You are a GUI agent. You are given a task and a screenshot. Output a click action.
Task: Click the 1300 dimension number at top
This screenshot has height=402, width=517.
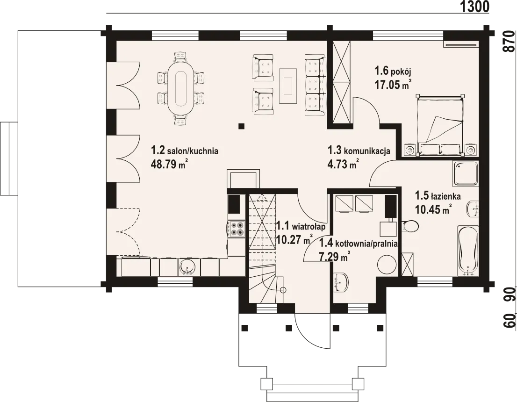click(x=474, y=6)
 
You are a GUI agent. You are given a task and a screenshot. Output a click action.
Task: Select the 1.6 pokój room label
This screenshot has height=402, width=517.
click(x=392, y=71)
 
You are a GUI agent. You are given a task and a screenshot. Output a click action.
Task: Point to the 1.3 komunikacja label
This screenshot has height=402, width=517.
click(x=359, y=151)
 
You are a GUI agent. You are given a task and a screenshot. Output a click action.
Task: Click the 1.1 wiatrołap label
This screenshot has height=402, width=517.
click(x=301, y=227)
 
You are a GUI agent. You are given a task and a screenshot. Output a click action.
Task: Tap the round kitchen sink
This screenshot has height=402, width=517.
click(x=187, y=267)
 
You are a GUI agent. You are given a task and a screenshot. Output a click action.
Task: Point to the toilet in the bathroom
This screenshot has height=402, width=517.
click(x=410, y=226)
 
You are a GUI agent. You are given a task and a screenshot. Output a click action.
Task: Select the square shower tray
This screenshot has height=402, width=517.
click(x=465, y=174)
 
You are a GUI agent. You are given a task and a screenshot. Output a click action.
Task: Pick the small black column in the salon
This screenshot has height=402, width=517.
click(x=242, y=126)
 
